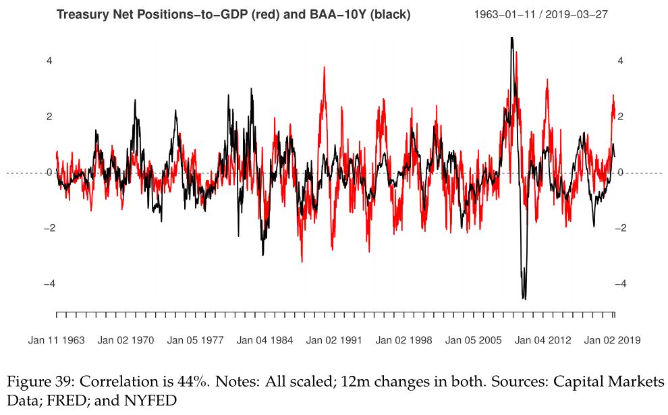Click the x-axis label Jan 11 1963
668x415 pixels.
(x=57, y=340)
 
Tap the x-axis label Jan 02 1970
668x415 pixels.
(x=126, y=340)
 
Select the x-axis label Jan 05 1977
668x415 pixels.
(x=196, y=340)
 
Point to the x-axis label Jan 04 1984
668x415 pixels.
(x=265, y=340)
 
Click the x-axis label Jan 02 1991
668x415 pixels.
(x=335, y=340)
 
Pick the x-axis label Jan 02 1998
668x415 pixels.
(x=404, y=340)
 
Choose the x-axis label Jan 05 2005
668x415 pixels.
(x=474, y=340)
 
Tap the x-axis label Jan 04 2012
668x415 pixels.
(x=543, y=340)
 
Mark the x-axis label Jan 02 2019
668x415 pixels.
(x=613, y=340)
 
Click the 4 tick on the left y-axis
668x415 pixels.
(x=49, y=61)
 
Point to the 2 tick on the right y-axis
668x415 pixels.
(x=621, y=117)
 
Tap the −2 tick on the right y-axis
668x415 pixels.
(x=623, y=228)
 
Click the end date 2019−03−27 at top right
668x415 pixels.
(x=578, y=14)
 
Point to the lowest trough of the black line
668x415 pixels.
(x=524, y=298)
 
